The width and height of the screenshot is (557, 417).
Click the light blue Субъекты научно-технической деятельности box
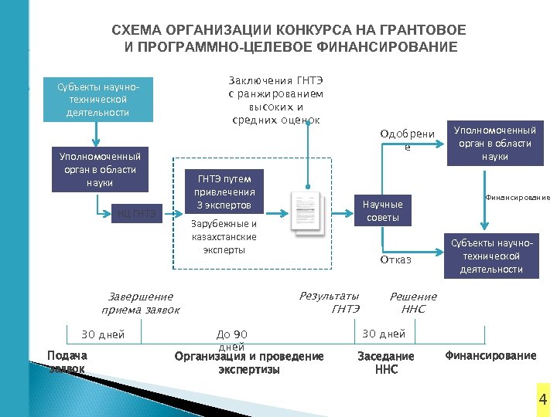[x=97, y=99]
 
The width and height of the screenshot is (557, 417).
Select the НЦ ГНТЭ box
[x=137, y=213]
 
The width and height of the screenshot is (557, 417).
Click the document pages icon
[x=307, y=213]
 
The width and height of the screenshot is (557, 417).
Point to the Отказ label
[x=395, y=260]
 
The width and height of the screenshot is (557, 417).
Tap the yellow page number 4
[x=542, y=399]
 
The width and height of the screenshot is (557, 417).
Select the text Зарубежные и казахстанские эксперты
[x=224, y=237]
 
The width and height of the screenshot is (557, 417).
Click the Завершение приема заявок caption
[x=141, y=303]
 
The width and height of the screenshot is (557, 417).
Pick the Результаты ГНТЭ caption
[x=330, y=302]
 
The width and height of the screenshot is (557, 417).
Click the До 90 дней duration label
[x=232, y=339]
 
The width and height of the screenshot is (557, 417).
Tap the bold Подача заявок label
[x=67, y=361]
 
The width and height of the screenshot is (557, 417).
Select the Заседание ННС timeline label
[x=385, y=362]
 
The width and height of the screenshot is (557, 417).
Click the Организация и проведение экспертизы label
[x=249, y=362]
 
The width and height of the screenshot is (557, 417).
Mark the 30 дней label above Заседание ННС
[x=384, y=334]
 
